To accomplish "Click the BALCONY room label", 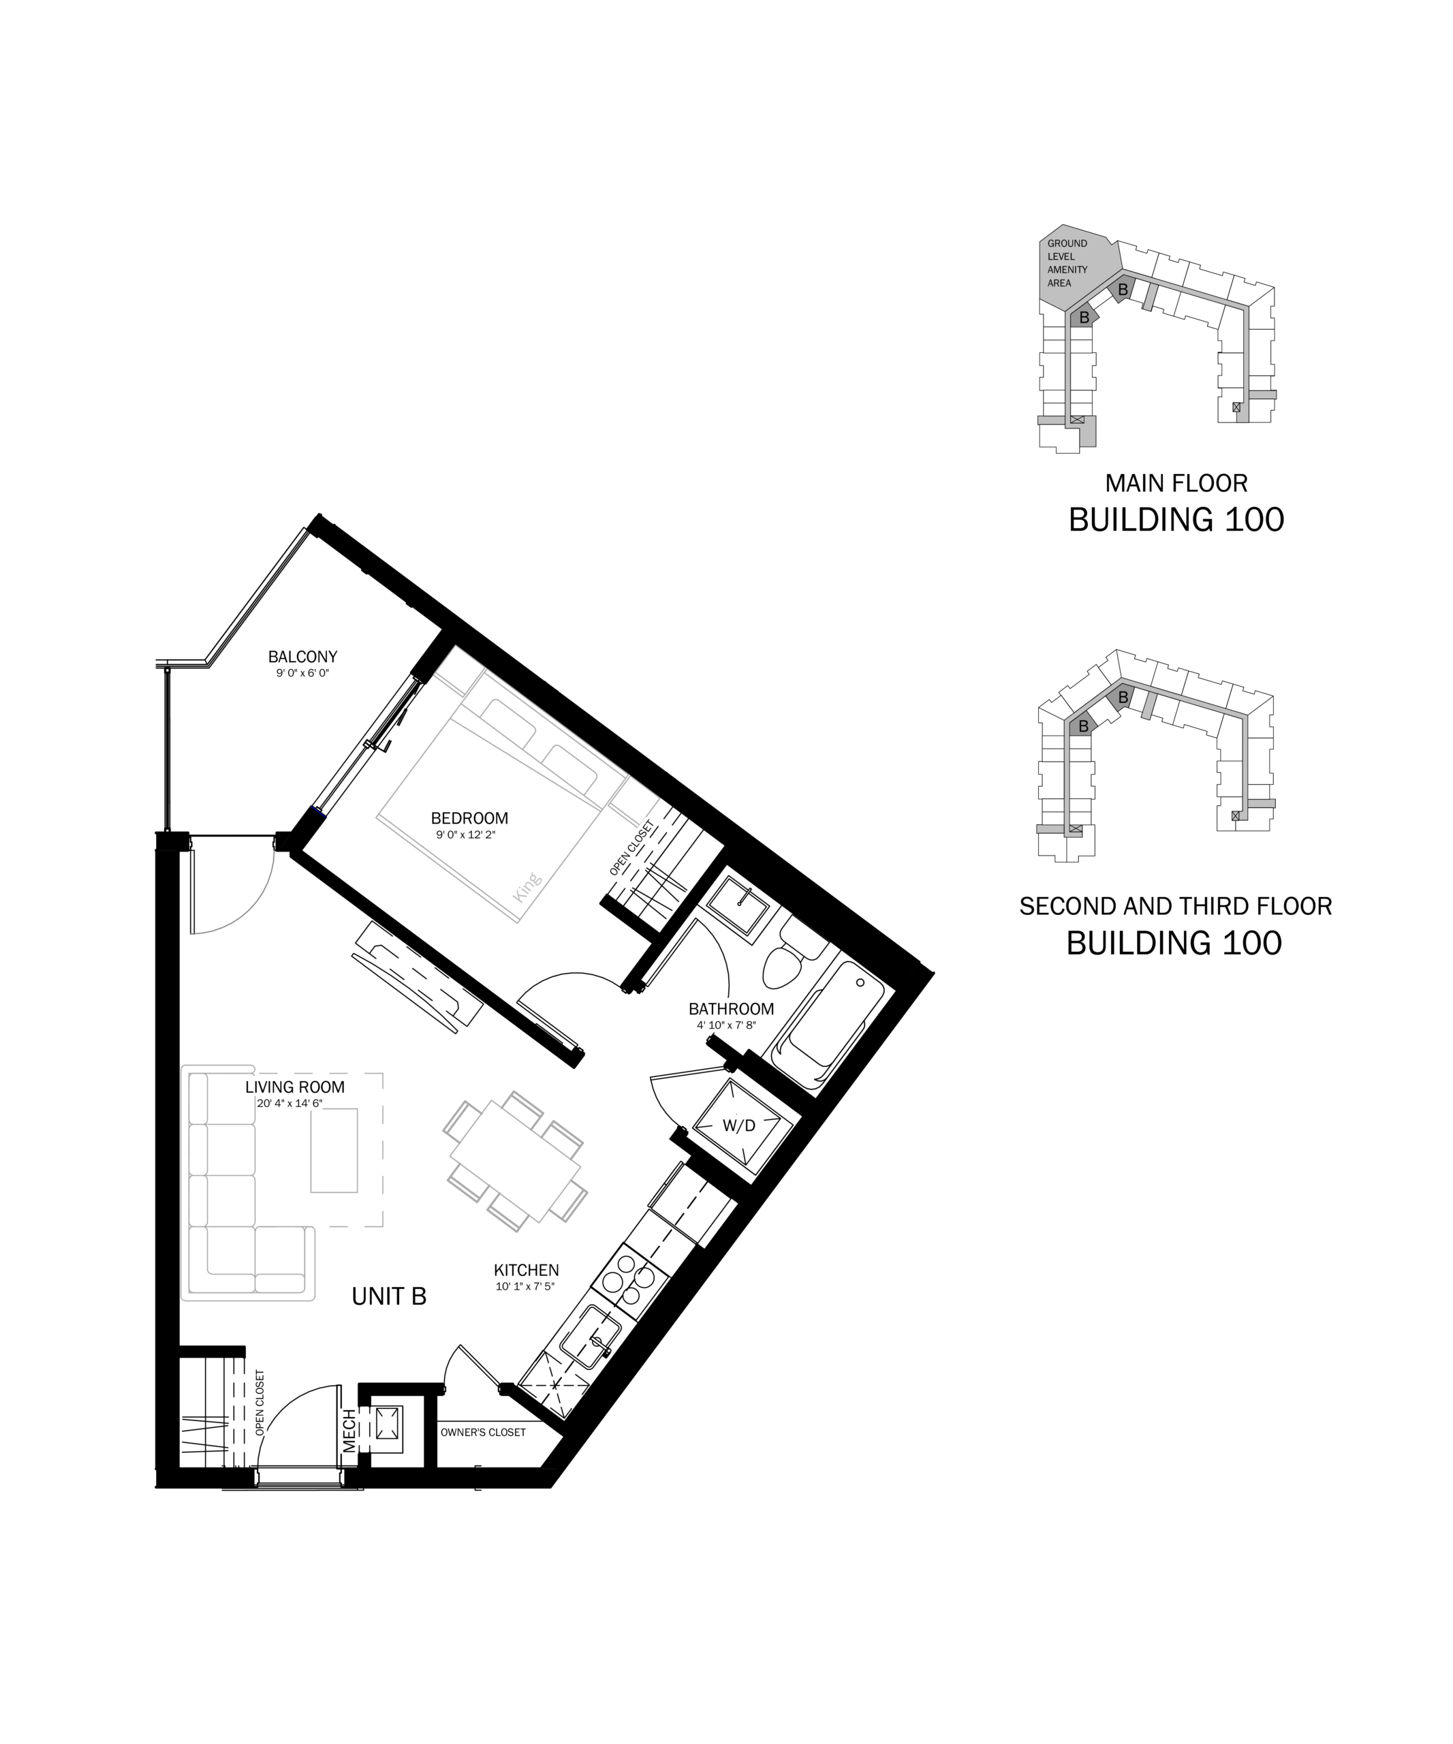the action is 302,656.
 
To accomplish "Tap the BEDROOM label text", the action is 469,818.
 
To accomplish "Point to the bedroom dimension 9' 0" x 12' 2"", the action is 465,835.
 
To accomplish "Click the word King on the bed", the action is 527,887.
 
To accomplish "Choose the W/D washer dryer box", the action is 738,1125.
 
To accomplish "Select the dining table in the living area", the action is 515,1160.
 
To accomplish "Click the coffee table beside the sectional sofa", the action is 334,1150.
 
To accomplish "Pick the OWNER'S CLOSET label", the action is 483,1432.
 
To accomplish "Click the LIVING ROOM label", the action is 295,1087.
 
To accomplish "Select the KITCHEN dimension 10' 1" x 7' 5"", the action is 525,1286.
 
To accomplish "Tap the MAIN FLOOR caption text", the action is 1176,482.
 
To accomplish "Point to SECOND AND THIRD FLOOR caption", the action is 1176,906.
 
